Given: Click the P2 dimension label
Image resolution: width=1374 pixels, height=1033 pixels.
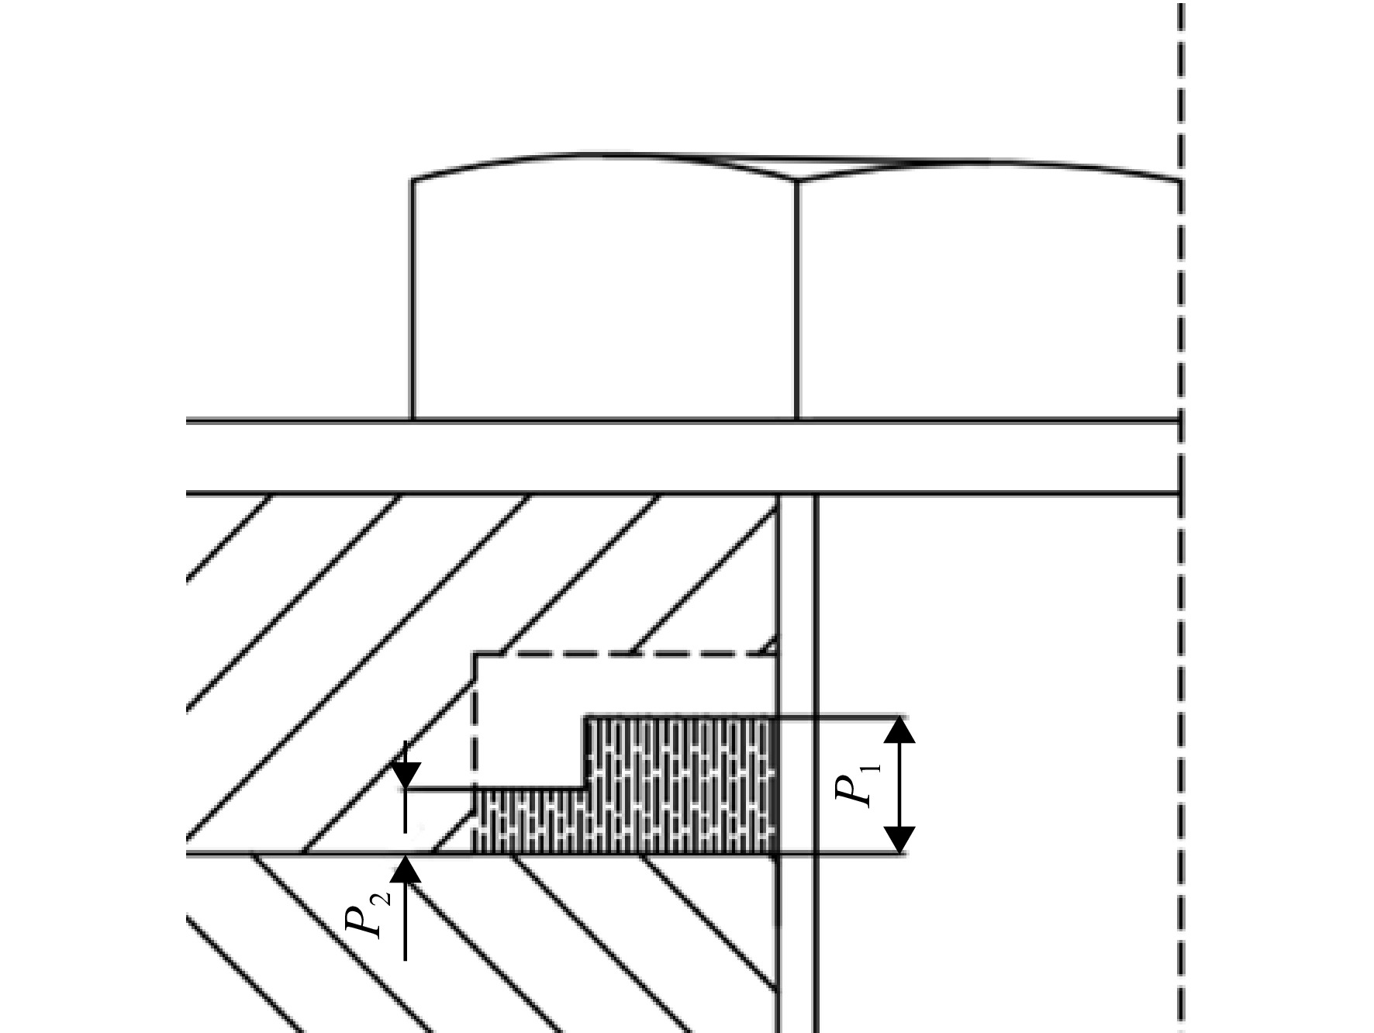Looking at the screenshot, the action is (x=365, y=914).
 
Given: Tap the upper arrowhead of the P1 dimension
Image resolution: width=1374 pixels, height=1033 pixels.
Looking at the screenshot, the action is (x=899, y=730).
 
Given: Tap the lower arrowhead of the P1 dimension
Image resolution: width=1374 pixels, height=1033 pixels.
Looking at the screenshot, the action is (x=899, y=841).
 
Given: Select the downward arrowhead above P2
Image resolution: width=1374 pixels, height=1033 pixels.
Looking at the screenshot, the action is (x=405, y=776).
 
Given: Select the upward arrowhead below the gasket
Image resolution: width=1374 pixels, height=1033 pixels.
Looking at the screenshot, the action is (x=405, y=869).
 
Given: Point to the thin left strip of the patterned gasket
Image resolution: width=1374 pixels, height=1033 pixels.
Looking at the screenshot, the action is (x=529, y=822).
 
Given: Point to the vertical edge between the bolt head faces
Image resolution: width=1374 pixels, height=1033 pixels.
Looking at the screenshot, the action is (x=798, y=300).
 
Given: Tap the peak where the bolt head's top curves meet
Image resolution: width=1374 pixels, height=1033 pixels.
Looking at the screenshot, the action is (x=798, y=180).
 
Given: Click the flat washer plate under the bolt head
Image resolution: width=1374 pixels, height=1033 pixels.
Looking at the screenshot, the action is (x=682, y=457).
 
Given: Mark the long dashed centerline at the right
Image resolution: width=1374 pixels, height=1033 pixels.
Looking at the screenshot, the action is (x=1181, y=516).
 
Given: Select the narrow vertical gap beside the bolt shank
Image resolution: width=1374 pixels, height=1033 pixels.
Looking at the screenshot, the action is (x=797, y=764).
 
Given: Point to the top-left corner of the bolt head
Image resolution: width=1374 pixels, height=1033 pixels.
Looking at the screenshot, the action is (x=412, y=180).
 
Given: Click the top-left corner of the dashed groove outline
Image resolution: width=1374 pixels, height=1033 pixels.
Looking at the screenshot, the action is (x=475, y=655).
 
